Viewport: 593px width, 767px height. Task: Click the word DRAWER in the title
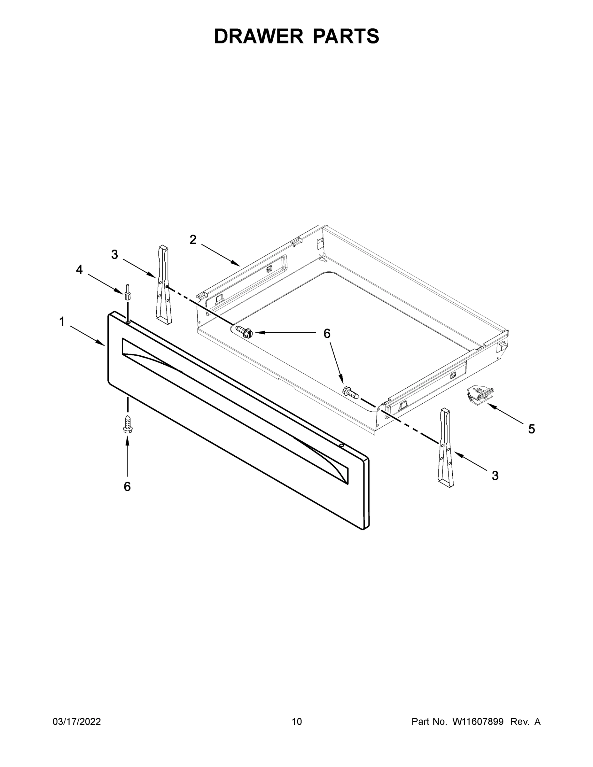[258, 36]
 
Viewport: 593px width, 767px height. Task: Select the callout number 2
[193, 240]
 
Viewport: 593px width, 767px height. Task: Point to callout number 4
[79, 270]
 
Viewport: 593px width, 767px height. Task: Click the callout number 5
[532, 429]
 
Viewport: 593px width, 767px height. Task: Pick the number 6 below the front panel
[127, 486]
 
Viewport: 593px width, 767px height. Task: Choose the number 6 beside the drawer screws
[327, 333]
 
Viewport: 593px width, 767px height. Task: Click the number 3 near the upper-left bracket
[114, 255]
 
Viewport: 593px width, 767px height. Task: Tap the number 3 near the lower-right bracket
[495, 476]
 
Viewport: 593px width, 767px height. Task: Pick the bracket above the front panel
[164, 284]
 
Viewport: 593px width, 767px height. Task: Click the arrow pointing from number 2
[221, 255]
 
